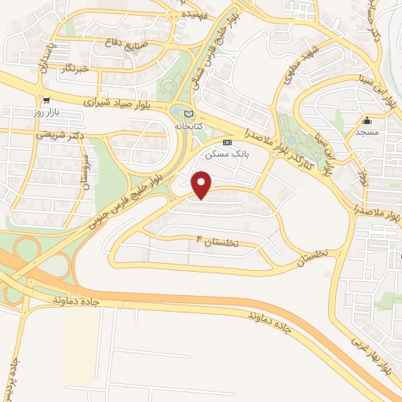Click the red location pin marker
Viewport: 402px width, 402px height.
click(203, 185)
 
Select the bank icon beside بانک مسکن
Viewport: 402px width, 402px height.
click(227, 143)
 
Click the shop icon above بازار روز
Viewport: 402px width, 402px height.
click(47, 100)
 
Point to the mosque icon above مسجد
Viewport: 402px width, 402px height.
click(367, 120)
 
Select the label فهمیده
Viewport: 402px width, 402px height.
click(195, 15)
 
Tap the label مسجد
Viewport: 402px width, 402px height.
click(367, 133)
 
